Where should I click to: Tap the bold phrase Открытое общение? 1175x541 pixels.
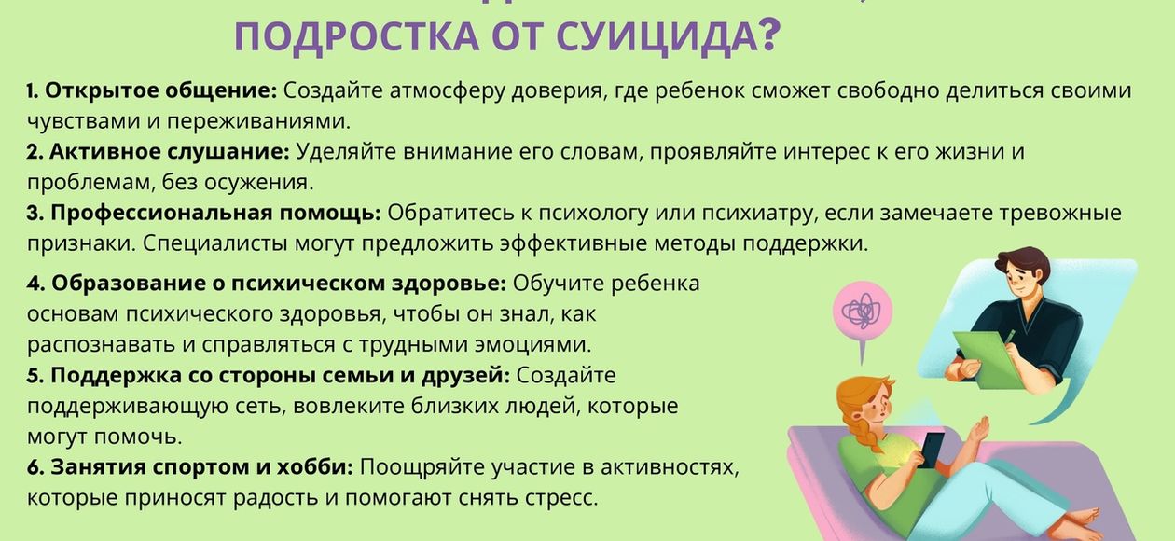point(160,91)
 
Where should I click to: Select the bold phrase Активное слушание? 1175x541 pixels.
point(170,152)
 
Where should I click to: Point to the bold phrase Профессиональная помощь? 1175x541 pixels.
point(215,214)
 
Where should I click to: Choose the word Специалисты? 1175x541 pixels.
point(214,244)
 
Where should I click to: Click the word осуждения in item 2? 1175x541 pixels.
point(258,183)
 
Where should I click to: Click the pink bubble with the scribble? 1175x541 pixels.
point(863,312)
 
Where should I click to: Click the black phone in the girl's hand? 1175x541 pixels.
point(931,451)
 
